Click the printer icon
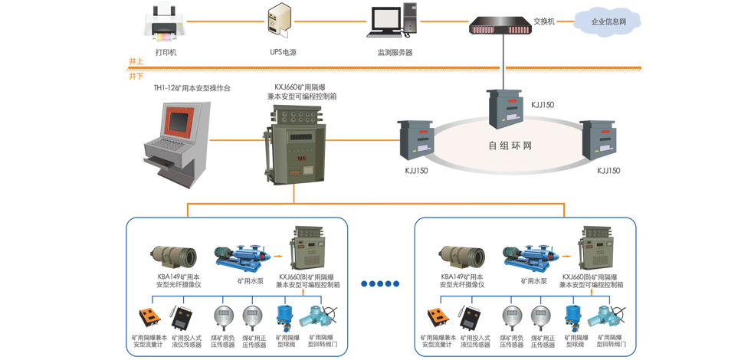click(x=166, y=23)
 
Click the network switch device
click(x=503, y=27)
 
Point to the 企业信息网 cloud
click(x=608, y=21)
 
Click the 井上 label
click(x=136, y=61)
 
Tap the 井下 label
click(x=136, y=76)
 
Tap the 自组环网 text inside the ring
click(x=510, y=145)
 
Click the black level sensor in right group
click(x=470, y=316)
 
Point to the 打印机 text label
click(x=166, y=52)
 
